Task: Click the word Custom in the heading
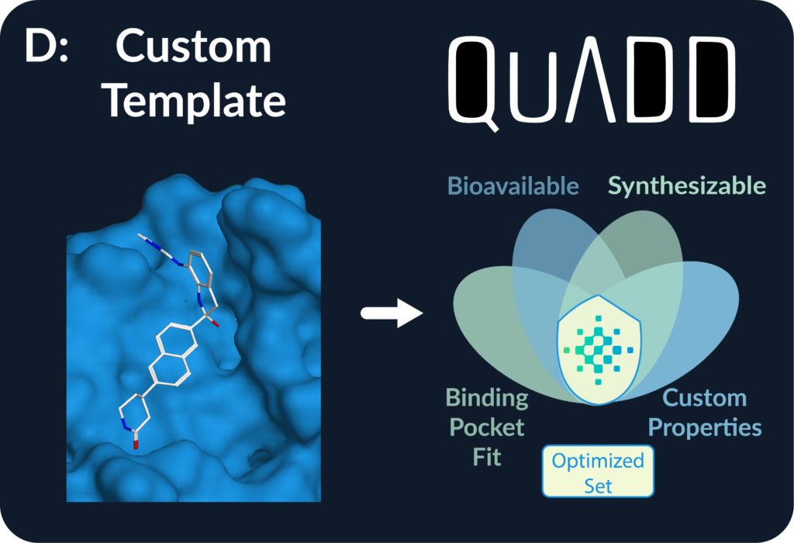[193, 46]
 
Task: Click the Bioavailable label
[513, 186]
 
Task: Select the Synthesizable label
[687, 186]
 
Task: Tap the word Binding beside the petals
[487, 399]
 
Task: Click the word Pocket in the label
[487, 427]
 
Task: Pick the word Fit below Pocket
[487, 457]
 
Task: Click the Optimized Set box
[598, 471]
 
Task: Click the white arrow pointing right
[392, 313]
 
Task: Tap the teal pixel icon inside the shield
[598, 350]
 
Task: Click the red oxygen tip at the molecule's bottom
[136, 444]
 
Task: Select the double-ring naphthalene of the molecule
[173, 356]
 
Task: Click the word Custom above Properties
[704, 398]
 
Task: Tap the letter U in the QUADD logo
[533, 79]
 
